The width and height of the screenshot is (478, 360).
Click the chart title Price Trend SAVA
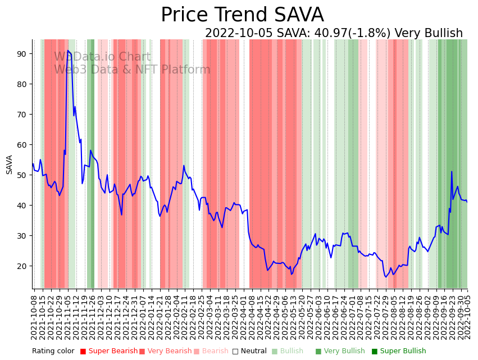pos(242,15)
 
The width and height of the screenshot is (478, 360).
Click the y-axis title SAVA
pos(10,165)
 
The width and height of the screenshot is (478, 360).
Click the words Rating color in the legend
pos(53,351)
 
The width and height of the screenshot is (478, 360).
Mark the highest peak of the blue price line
pos(68,51)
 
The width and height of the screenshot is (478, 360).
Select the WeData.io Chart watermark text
pos(102,57)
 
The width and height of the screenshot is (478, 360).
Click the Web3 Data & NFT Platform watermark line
pos(132,70)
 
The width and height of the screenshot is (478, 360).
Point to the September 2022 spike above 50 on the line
pos(452,172)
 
